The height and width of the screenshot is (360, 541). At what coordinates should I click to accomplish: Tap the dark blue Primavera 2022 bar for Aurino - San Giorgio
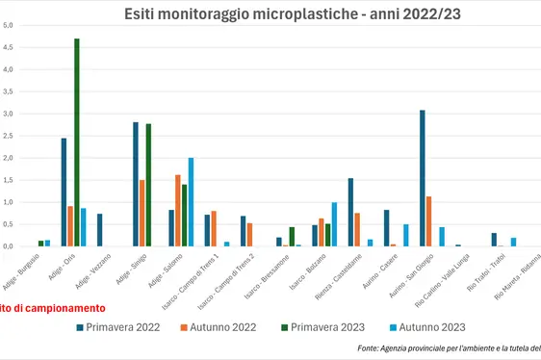[422, 178]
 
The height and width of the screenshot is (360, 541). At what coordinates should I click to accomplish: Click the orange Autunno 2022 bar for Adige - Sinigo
[142, 213]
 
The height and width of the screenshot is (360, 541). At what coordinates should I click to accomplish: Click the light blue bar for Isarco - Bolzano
[334, 224]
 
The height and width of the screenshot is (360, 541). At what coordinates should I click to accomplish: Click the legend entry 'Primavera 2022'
[119, 327]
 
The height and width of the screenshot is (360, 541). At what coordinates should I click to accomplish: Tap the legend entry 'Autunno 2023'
[430, 327]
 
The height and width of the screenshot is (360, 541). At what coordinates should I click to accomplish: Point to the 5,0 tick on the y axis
[7, 25]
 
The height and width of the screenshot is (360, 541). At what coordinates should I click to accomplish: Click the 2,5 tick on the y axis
[7, 136]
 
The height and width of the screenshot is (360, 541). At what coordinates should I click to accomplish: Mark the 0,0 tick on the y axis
[7, 246]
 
